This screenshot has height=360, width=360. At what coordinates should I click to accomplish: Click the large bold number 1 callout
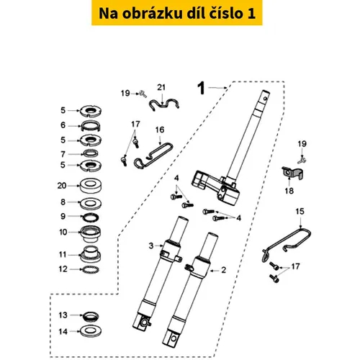201,88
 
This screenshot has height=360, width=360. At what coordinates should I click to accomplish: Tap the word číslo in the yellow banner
225,13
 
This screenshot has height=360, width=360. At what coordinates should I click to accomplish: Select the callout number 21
161,87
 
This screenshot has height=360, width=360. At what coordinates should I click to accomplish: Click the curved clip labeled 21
164,104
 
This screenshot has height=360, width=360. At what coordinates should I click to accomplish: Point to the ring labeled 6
90,126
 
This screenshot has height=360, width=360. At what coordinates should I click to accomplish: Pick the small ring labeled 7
90,153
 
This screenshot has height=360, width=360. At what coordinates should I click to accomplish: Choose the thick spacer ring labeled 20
91,186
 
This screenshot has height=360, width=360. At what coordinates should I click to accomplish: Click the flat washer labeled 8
91,203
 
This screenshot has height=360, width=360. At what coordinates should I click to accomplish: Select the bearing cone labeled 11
91,254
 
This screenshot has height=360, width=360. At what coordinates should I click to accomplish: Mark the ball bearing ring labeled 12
90,270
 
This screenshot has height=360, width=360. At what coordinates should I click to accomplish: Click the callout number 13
63,315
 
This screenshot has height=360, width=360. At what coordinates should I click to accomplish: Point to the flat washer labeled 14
90,331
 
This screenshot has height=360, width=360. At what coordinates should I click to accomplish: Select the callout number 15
300,212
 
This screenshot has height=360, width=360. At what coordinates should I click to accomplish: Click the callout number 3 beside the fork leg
151,246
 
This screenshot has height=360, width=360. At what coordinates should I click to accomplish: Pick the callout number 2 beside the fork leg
223,270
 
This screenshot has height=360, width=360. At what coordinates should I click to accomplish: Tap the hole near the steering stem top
265,98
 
